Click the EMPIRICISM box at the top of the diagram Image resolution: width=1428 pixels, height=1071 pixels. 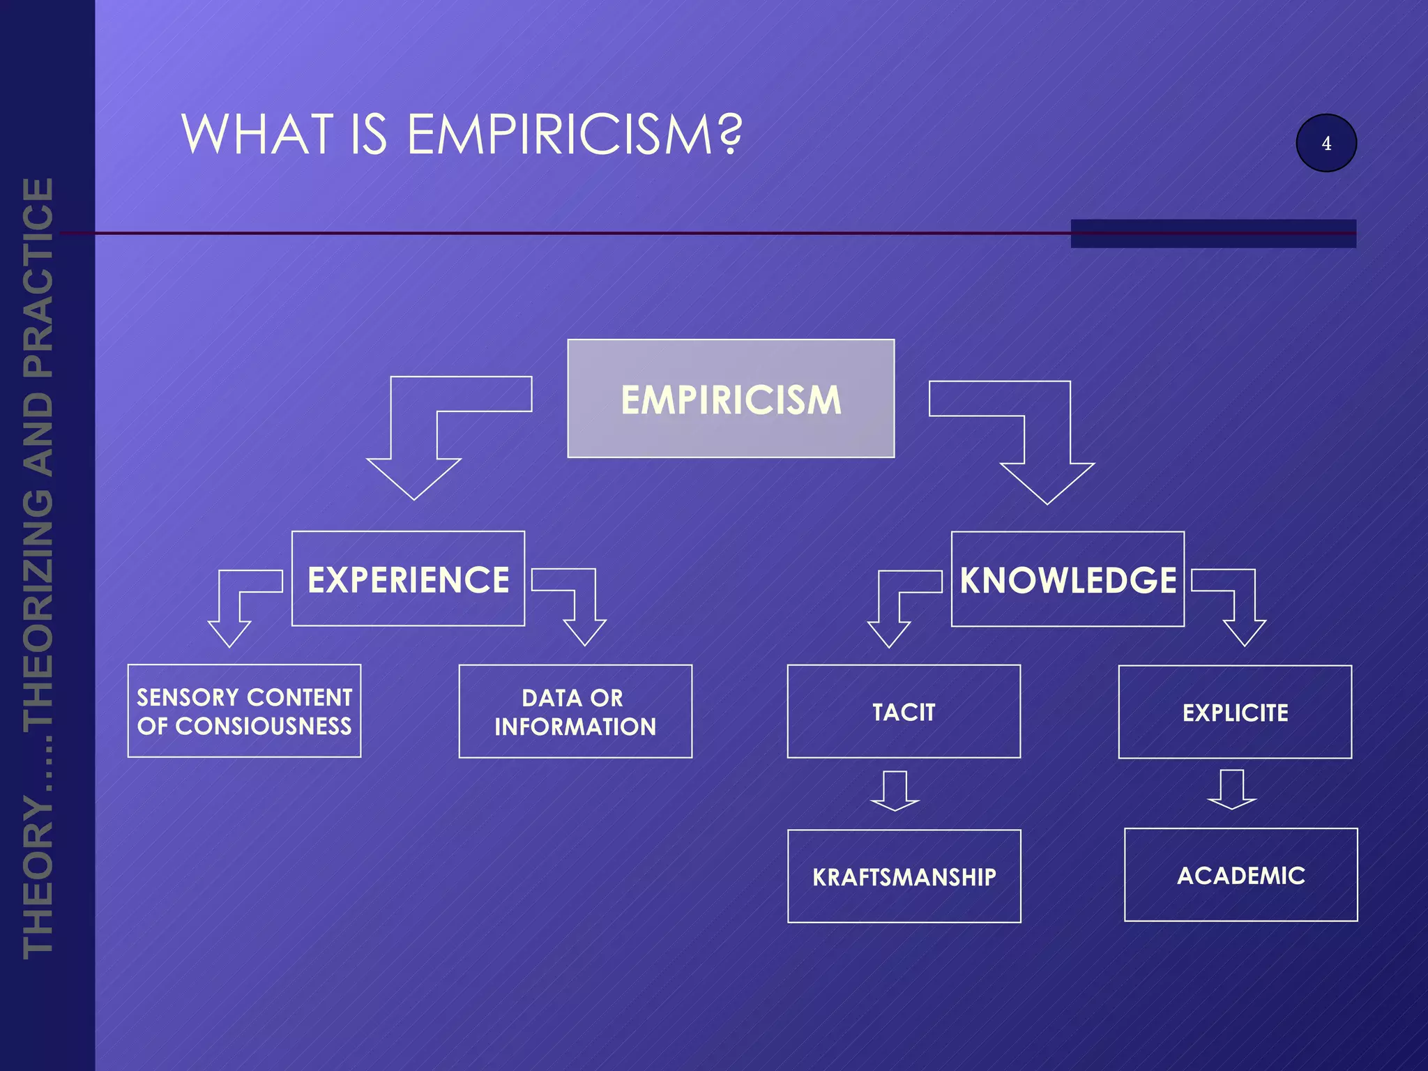tap(731, 399)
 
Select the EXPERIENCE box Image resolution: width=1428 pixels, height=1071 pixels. tap(408, 579)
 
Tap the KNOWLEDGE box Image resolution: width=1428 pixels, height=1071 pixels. tap(1068, 579)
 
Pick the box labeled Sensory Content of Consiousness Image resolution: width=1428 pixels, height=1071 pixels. tap(244, 711)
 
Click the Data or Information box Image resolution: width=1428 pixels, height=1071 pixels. tap(575, 712)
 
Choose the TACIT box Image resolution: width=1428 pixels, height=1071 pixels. tap(904, 712)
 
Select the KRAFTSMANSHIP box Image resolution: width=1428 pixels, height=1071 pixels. tap(904, 876)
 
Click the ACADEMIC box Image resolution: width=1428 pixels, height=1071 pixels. tap(1240, 875)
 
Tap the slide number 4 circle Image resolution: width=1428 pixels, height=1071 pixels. tap(1326, 143)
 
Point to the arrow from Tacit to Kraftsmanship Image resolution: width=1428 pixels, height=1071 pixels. tap(895, 791)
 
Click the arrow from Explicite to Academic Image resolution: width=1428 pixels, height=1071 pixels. tap(1232, 790)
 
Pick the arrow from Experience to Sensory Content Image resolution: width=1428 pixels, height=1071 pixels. tap(230, 614)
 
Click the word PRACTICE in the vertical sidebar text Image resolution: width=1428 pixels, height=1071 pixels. tap(39, 279)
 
